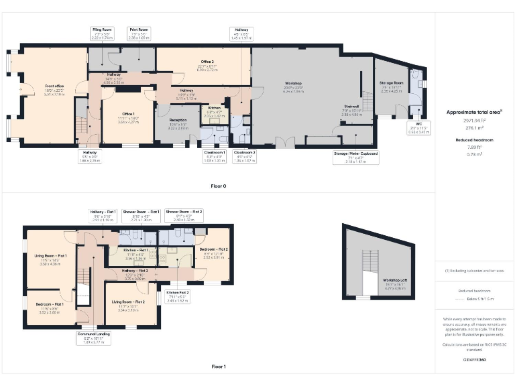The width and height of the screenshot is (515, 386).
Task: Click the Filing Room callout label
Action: (103, 34)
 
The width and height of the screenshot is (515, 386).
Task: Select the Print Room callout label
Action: (139, 34)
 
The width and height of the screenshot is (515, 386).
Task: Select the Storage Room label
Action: (391, 86)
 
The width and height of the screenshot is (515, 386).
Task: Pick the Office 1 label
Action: (127, 117)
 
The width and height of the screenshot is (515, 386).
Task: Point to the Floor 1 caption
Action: (219, 367)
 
